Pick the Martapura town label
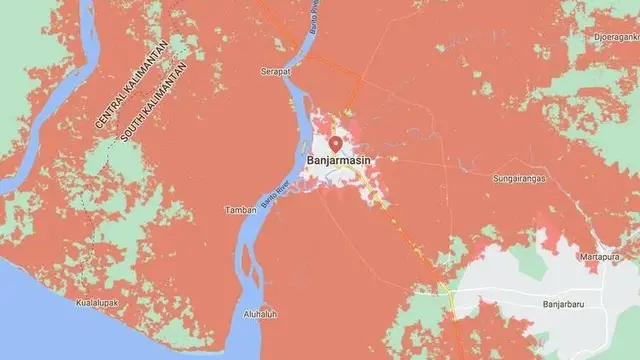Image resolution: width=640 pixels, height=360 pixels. [599, 257]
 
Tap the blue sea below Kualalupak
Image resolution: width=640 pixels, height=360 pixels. [60, 335]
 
